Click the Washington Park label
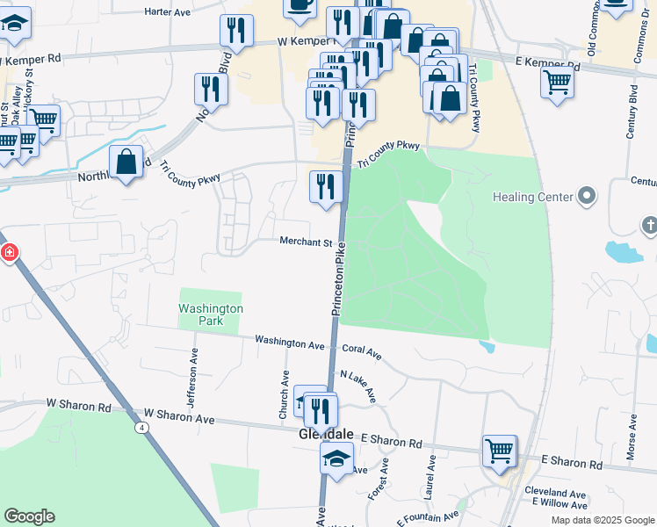coord(210,314)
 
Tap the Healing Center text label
coord(532,197)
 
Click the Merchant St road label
coord(306,242)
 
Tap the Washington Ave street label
coord(290,342)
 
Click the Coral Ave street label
coord(362,350)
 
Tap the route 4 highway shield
coord(141,428)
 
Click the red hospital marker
coord(9,253)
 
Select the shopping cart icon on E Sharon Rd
coord(499,450)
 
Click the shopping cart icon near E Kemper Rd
coord(558,83)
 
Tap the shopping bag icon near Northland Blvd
coord(126,161)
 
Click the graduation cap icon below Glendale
coord(336,458)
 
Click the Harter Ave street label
coord(167,12)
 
